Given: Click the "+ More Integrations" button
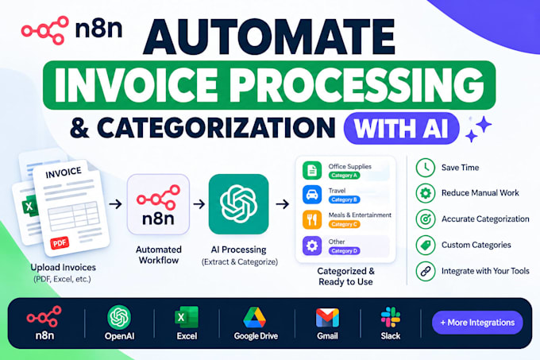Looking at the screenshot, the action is (x=477, y=323).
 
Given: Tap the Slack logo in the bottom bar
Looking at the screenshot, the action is (x=391, y=317).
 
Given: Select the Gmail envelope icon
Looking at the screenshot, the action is (x=327, y=318).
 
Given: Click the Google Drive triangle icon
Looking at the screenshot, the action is (x=254, y=317).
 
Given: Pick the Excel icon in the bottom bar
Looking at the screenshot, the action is (x=187, y=317).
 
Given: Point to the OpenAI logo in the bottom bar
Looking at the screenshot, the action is (x=119, y=317).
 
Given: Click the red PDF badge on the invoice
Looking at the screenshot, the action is (x=60, y=243).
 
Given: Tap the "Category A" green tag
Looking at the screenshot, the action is (x=344, y=176).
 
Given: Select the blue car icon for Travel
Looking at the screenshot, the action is (x=312, y=195).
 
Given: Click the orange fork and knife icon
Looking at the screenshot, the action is (x=312, y=219).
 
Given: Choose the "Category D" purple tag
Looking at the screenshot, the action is (x=344, y=251).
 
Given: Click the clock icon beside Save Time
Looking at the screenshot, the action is (x=426, y=168).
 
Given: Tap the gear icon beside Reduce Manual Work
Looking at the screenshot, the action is (x=426, y=193).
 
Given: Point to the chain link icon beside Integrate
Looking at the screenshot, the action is (x=426, y=271).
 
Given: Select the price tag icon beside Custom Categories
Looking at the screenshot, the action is (x=426, y=245).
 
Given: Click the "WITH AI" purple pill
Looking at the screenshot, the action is (x=402, y=128).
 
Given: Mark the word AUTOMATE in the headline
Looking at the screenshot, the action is (x=269, y=37).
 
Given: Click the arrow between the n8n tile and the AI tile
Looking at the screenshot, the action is (x=199, y=204).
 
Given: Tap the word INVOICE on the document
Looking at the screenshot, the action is (x=64, y=172).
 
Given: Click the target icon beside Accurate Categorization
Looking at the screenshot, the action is (x=426, y=219).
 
